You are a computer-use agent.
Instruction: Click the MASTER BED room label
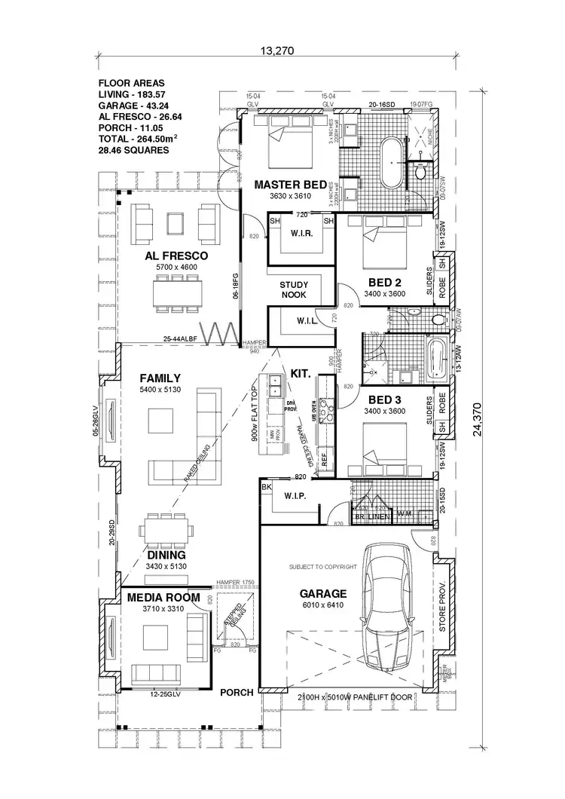click(290, 185)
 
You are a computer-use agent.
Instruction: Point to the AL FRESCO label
click(176, 256)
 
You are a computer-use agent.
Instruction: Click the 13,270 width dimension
click(276, 51)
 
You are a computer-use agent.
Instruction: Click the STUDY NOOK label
click(293, 289)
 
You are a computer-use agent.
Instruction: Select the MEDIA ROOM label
click(163, 598)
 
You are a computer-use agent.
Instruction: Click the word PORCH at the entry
click(236, 692)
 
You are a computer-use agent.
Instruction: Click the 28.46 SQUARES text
click(133, 150)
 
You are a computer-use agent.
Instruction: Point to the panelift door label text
click(355, 697)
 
